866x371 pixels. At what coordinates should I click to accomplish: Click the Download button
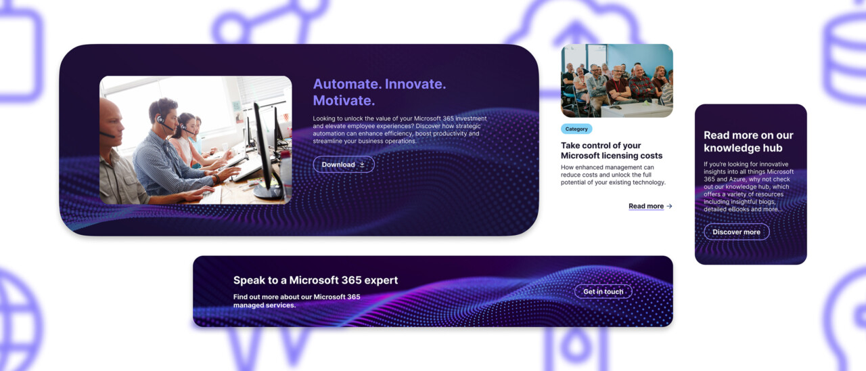pos(344,165)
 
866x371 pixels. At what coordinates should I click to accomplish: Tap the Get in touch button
pos(603,291)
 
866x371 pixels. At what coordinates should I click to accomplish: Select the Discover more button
pos(737,232)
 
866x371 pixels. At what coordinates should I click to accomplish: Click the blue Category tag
pos(576,129)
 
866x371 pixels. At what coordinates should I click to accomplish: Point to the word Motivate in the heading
pos(344,101)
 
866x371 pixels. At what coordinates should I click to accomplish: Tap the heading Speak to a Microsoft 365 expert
pos(315,280)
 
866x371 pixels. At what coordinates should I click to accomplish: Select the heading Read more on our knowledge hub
pos(748,141)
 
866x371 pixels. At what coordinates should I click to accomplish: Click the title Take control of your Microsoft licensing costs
pos(612,150)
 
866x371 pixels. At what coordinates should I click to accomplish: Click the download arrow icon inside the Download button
pos(362,165)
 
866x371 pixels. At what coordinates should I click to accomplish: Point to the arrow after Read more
pos(669,206)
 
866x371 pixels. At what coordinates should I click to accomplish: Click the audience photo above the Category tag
pos(617,81)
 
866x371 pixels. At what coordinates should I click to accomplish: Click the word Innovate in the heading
pos(415,84)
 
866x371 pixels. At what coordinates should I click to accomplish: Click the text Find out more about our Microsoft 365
pos(296,297)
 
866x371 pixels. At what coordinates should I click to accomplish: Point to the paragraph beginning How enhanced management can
pos(613,175)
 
